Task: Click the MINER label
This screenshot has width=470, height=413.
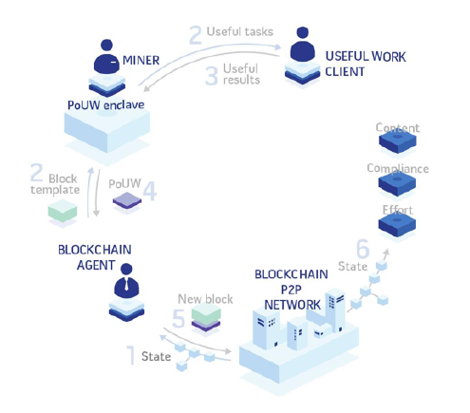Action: pyautogui.click(x=141, y=60)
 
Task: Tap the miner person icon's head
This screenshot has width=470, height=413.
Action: pyautogui.click(x=106, y=45)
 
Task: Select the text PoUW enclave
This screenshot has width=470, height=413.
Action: pyautogui.click(x=106, y=104)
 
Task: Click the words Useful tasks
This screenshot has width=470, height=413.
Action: pyautogui.click(x=240, y=31)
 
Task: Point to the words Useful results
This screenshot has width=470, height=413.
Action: pyautogui.click(x=241, y=74)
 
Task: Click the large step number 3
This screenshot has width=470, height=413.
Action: pyautogui.click(x=212, y=76)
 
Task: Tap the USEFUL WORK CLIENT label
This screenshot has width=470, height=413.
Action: pyautogui.click(x=366, y=65)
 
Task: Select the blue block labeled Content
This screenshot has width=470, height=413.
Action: pyautogui.click(x=398, y=141)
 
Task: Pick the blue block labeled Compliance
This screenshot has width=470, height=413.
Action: pyautogui.click(x=397, y=183)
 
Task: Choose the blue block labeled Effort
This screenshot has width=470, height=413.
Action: pyautogui.click(x=397, y=224)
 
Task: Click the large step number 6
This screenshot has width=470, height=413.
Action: pyautogui.click(x=363, y=249)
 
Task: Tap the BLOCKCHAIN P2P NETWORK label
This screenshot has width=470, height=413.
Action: pyautogui.click(x=291, y=290)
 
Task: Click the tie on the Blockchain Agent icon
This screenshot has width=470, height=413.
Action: pyautogui.click(x=126, y=284)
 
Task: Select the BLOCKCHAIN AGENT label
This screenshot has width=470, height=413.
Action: pyautogui.click(x=95, y=257)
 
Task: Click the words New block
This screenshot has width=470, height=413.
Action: pyautogui.click(x=205, y=299)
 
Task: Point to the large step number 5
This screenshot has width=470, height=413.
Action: pyautogui.click(x=179, y=318)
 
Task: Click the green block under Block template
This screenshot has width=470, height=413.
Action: pyautogui.click(x=63, y=210)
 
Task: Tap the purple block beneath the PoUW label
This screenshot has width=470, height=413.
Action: pyautogui.click(x=127, y=200)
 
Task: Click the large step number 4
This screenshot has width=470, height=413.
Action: pyautogui.click(x=150, y=191)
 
